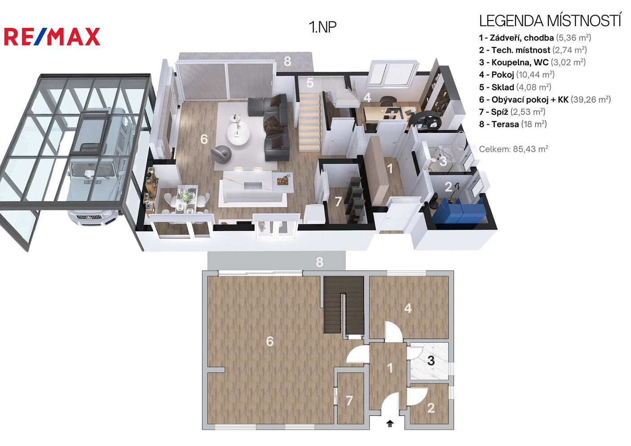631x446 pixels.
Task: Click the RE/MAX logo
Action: click(52, 37)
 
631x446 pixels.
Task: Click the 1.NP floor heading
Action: click(322, 27)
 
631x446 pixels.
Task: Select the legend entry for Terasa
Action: click(513, 124)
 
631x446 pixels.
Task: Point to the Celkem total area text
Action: click(514, 149)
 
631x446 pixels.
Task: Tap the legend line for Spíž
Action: click(512, 112)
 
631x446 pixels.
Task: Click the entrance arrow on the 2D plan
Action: click(390, 423)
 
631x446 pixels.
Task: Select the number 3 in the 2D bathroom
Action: click(431, 361)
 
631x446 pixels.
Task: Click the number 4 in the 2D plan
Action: click(408, 309)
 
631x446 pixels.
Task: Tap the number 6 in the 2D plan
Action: click(270, 342)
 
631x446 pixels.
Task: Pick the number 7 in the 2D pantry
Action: click(349, 401)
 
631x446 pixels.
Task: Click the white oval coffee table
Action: click(238, 134)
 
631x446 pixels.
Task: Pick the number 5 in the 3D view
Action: click(310, 83)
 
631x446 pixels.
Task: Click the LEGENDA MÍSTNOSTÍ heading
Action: click(550, 21)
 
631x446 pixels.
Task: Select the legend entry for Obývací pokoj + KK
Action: click(545, 99)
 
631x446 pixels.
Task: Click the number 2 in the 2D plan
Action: click(431, 408)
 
